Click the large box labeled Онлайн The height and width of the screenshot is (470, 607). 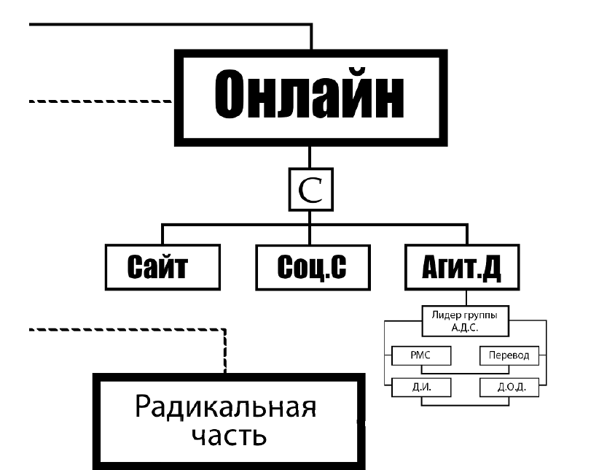(x=310, y=98)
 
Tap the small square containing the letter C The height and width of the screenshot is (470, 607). (x=309, y=190)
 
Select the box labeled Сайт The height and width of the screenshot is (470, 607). (x=162, y=269)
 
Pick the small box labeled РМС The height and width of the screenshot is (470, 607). (x=422, y=355)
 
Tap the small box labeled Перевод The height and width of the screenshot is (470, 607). (x=508, y=355)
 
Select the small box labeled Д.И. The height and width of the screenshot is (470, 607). (x=422, y=387)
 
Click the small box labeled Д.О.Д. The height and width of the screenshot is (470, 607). (x=508, y=387)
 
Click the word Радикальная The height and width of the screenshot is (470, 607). (x=227, y=407)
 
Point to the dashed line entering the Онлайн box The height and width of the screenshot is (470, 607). (x=102, y=101)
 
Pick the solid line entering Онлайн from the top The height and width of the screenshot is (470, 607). (x=311, y=36)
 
